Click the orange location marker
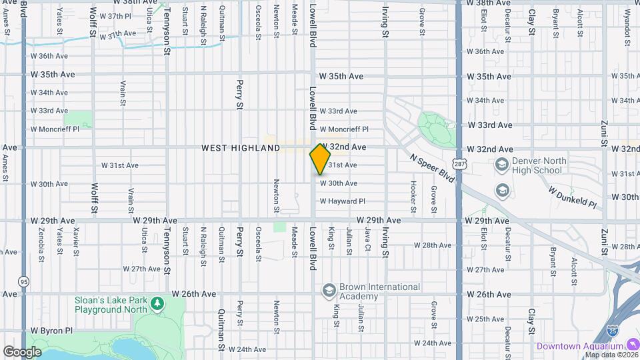(320, 159)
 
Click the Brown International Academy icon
(328, 291)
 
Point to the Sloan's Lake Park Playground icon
(157, 305)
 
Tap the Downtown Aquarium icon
(632, 345)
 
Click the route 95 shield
(24, 281)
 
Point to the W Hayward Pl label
(343, 201)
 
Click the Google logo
(22, 351)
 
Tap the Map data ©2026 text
(610, 355)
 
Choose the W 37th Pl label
(115, 15)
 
